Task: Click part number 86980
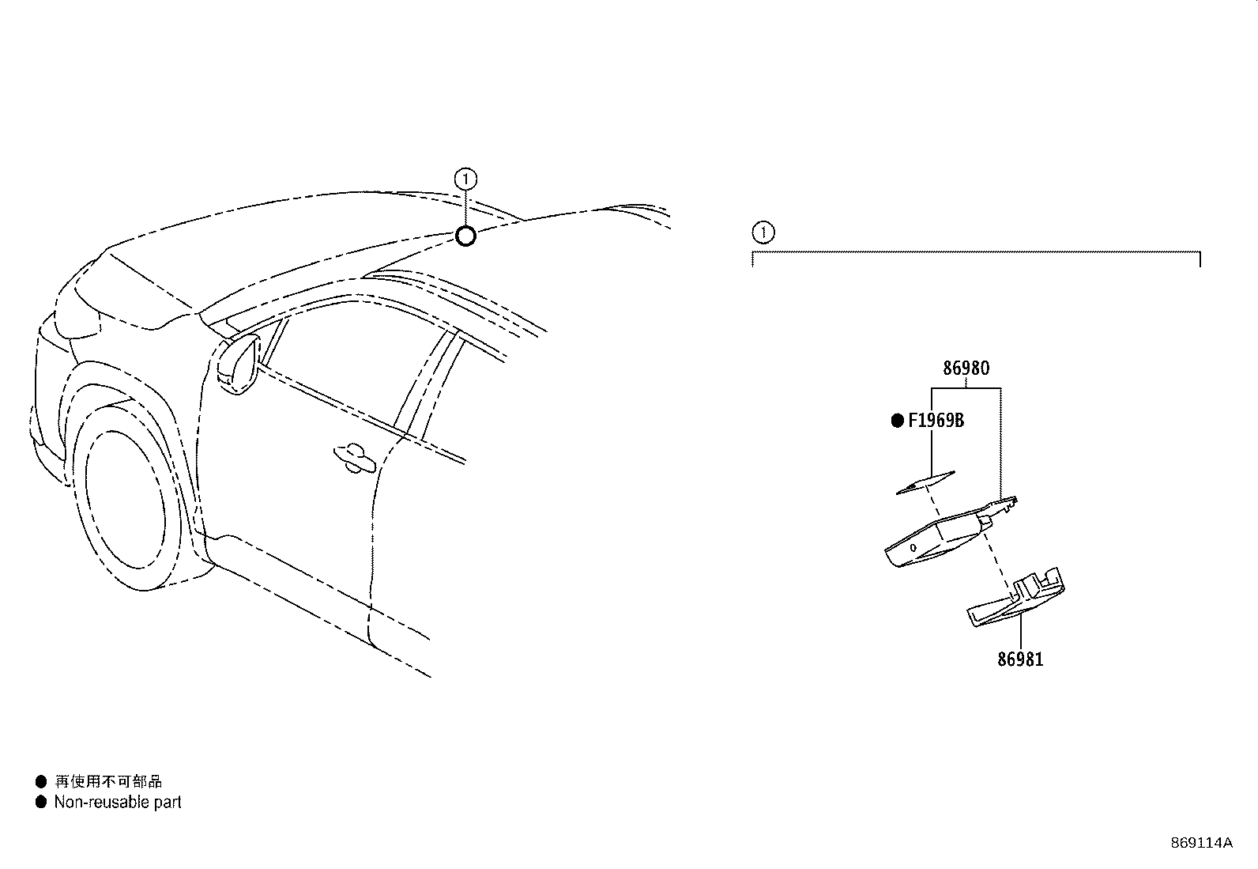pyautogui.click(x=966, y=368)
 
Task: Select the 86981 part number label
pyautogui.click(x=1020, y=659)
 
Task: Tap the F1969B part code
pyautogui.click(x=936, y=421)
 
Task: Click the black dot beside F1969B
pyautogui.click(x=898, y=421)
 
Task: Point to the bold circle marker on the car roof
pyautogui.click(x=465, y=236)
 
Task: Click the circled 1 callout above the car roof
pyautogui.click(x=465, y=179)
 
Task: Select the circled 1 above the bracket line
pyautogui.click(x=763, y=232)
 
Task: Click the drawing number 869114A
pyautogui.click(x=1201, y=843)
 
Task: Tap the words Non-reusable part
pyautogui.click(x=118, y=802)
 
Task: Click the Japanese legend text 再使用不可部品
pyautogui.click(x=108, y=781)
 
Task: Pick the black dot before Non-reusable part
pyautogui.click(x=41, y=802)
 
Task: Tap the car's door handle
pyautogui.click(x=354, y=458)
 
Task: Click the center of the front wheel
pyautogui.click(x=125, y=501)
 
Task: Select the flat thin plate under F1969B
pyautogui.click(x=925, y=482)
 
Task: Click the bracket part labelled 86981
pyautogui.click(x=1015, y=599)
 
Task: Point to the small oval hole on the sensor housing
pyautogui.click(x=913, y=547)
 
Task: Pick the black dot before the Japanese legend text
pyautogui.click(x=41, y=781)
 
